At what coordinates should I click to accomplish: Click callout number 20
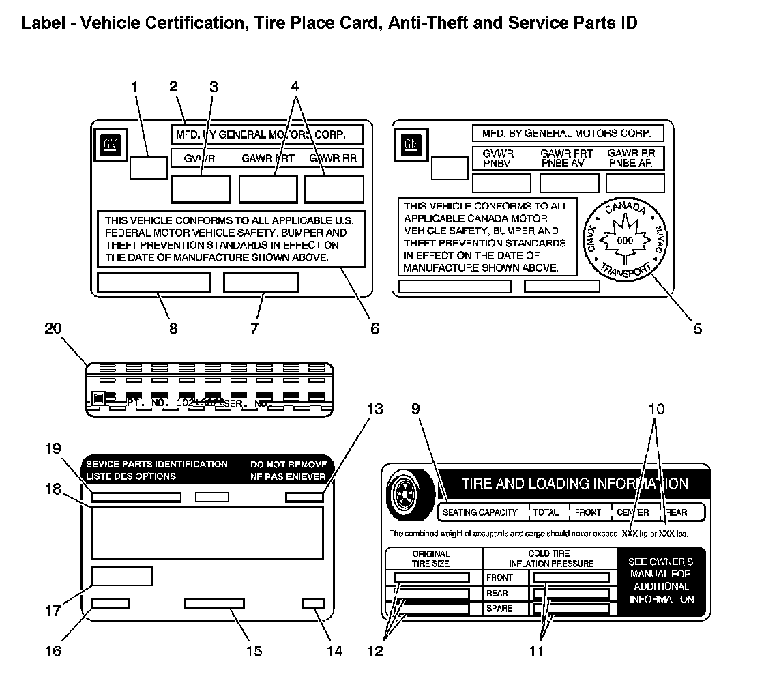(53, 328)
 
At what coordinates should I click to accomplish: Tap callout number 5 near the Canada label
(697, 328)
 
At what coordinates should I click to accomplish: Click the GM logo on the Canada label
(410, 144)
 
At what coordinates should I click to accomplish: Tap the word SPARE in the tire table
(499, 609)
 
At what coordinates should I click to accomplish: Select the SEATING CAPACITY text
(480, 512)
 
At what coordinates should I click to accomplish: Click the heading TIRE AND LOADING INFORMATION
(574, 484)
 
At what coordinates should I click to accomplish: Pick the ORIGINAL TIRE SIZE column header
(431, 559)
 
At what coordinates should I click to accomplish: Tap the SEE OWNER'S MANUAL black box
(661, 580)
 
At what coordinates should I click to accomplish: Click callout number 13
(375, 409)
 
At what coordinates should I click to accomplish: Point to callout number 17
(53, 611)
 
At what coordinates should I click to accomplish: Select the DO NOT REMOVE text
(289, 464)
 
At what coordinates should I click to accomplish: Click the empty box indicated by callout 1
(148, 167)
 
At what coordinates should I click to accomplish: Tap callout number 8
(173, 328)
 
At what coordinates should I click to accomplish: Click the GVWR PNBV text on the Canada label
(499, 158)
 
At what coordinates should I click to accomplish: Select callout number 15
(254, 650)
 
